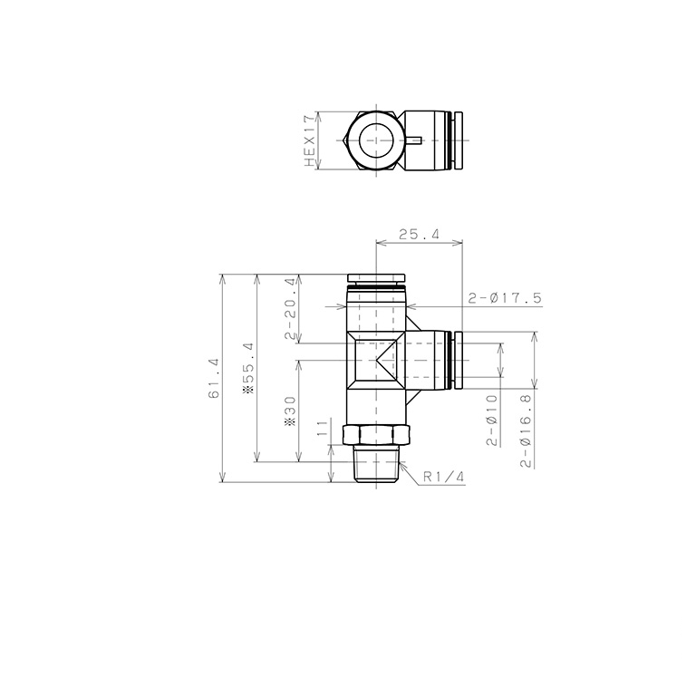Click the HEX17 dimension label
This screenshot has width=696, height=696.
[309, 140]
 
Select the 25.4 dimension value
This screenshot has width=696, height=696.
[419, 234]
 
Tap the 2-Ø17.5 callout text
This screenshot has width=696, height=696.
[505, 298]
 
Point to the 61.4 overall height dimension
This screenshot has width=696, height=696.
[214, 379]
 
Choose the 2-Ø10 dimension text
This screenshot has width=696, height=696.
[492, 420]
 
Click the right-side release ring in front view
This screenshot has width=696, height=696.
[458, 359]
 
